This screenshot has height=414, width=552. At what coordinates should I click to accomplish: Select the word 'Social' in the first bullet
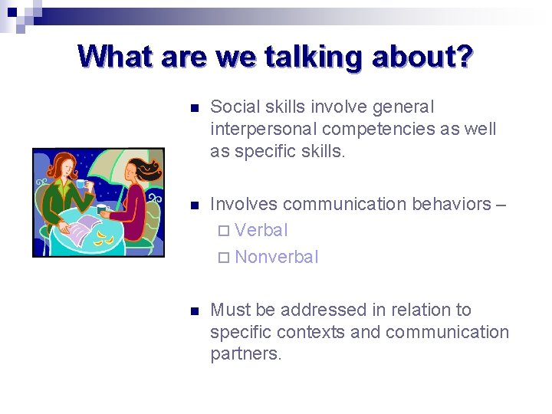[x=234, y=107]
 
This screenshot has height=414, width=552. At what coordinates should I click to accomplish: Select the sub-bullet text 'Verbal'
[x=261, y=230]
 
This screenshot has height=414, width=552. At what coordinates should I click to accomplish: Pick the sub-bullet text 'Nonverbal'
[x=276, y=257]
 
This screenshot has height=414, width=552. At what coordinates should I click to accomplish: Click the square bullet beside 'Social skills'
[x=194, y=108]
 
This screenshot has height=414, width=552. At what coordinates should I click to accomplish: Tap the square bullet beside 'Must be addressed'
[x=194, y=311]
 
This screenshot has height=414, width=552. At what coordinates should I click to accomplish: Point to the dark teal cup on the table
[x=102, y=209]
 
